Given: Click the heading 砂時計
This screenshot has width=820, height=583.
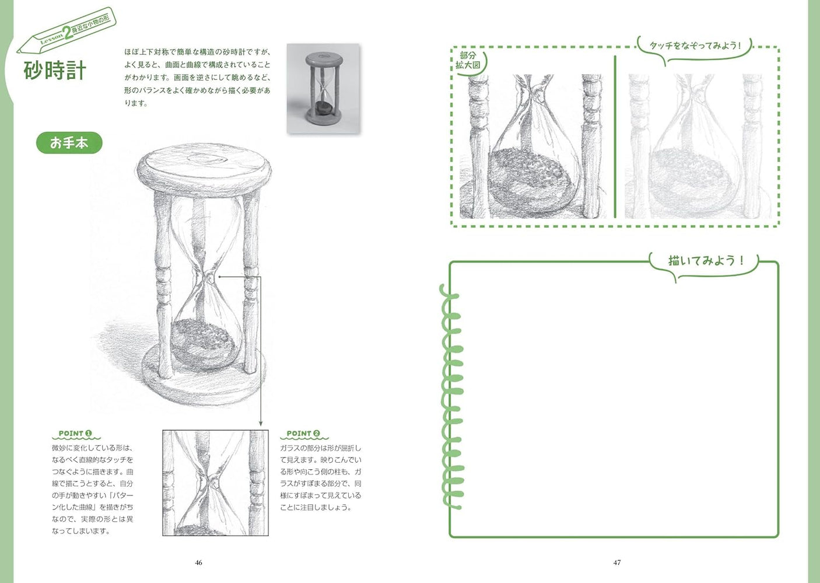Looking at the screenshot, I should click(x=55, y=71).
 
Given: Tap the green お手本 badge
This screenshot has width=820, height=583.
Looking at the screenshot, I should click(x=69, y=143).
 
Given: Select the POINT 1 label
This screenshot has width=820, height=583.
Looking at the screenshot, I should click(x=75, y=434).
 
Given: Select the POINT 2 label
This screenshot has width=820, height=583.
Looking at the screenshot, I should click(x=303, y=434).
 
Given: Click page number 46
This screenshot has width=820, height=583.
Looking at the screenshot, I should click(x=198, y=563).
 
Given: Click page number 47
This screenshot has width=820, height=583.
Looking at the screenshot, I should click(x=616, y=563).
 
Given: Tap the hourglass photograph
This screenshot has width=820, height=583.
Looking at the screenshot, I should click(x=323, y=88).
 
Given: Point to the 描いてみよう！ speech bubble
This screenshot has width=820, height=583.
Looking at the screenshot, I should click(x=705, y=261).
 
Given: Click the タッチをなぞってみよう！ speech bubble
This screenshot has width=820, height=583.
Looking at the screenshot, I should click(x=695, y=46).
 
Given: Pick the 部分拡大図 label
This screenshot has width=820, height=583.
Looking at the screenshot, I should click(x=468, y=60).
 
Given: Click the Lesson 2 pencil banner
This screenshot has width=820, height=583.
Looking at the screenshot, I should click(x=67, y=32).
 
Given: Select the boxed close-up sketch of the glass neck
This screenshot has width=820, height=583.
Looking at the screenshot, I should click(x=215, y=483).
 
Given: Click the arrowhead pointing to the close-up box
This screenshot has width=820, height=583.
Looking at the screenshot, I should click(x=261, y=424).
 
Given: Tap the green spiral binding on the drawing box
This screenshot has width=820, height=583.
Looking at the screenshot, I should click(x=450, y=397).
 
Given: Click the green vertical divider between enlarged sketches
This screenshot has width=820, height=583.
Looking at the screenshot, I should click(x=615, y=137).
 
